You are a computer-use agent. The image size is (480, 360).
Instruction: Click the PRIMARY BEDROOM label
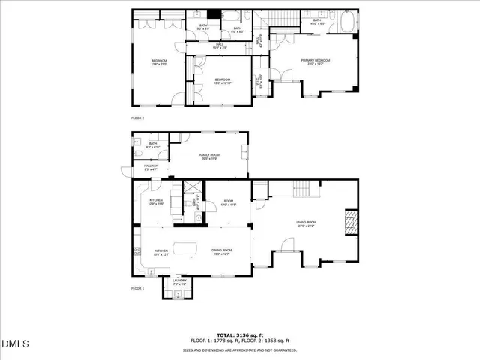(x=316, y=61)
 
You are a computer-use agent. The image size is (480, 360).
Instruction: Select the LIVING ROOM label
(x=306, y=223)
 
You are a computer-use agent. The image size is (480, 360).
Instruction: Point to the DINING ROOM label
(x=221, y=252)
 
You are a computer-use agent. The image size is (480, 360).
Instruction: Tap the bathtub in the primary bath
(x=347, y=22)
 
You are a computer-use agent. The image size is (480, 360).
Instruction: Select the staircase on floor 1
(x=305, y=189)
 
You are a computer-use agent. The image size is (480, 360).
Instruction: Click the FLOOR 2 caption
(x=137, y=118)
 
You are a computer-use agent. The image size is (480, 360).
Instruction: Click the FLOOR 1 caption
(x=137, y=288)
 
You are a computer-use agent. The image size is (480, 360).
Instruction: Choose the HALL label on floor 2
(x=220, y=46)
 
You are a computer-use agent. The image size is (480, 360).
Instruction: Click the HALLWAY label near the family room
(x=151, y=168)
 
